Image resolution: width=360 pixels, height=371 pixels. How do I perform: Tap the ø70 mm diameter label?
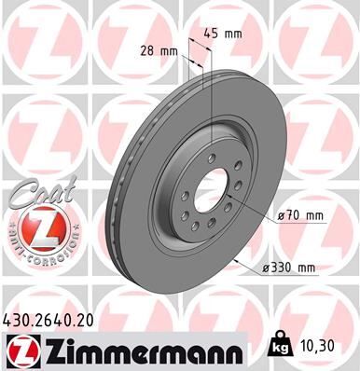click(300, 215)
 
